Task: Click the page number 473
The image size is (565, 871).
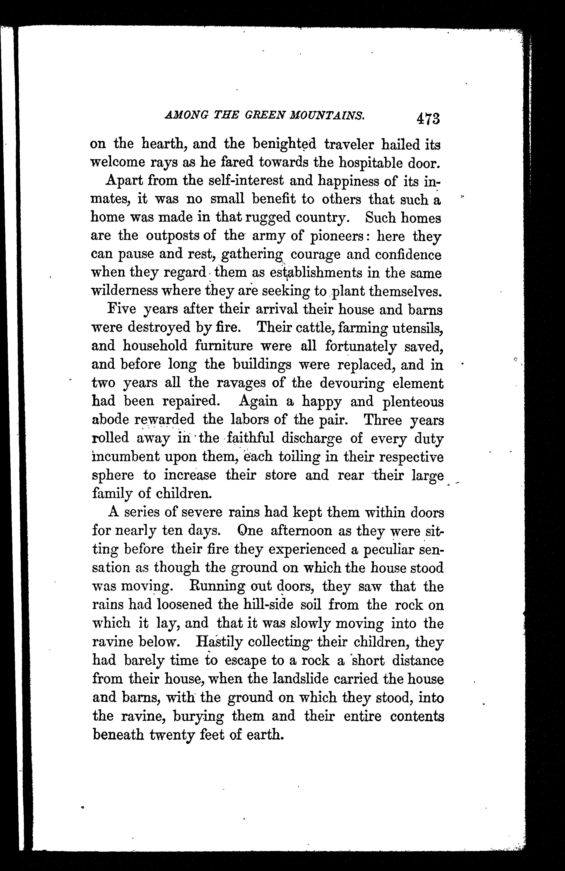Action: pos(427,119)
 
